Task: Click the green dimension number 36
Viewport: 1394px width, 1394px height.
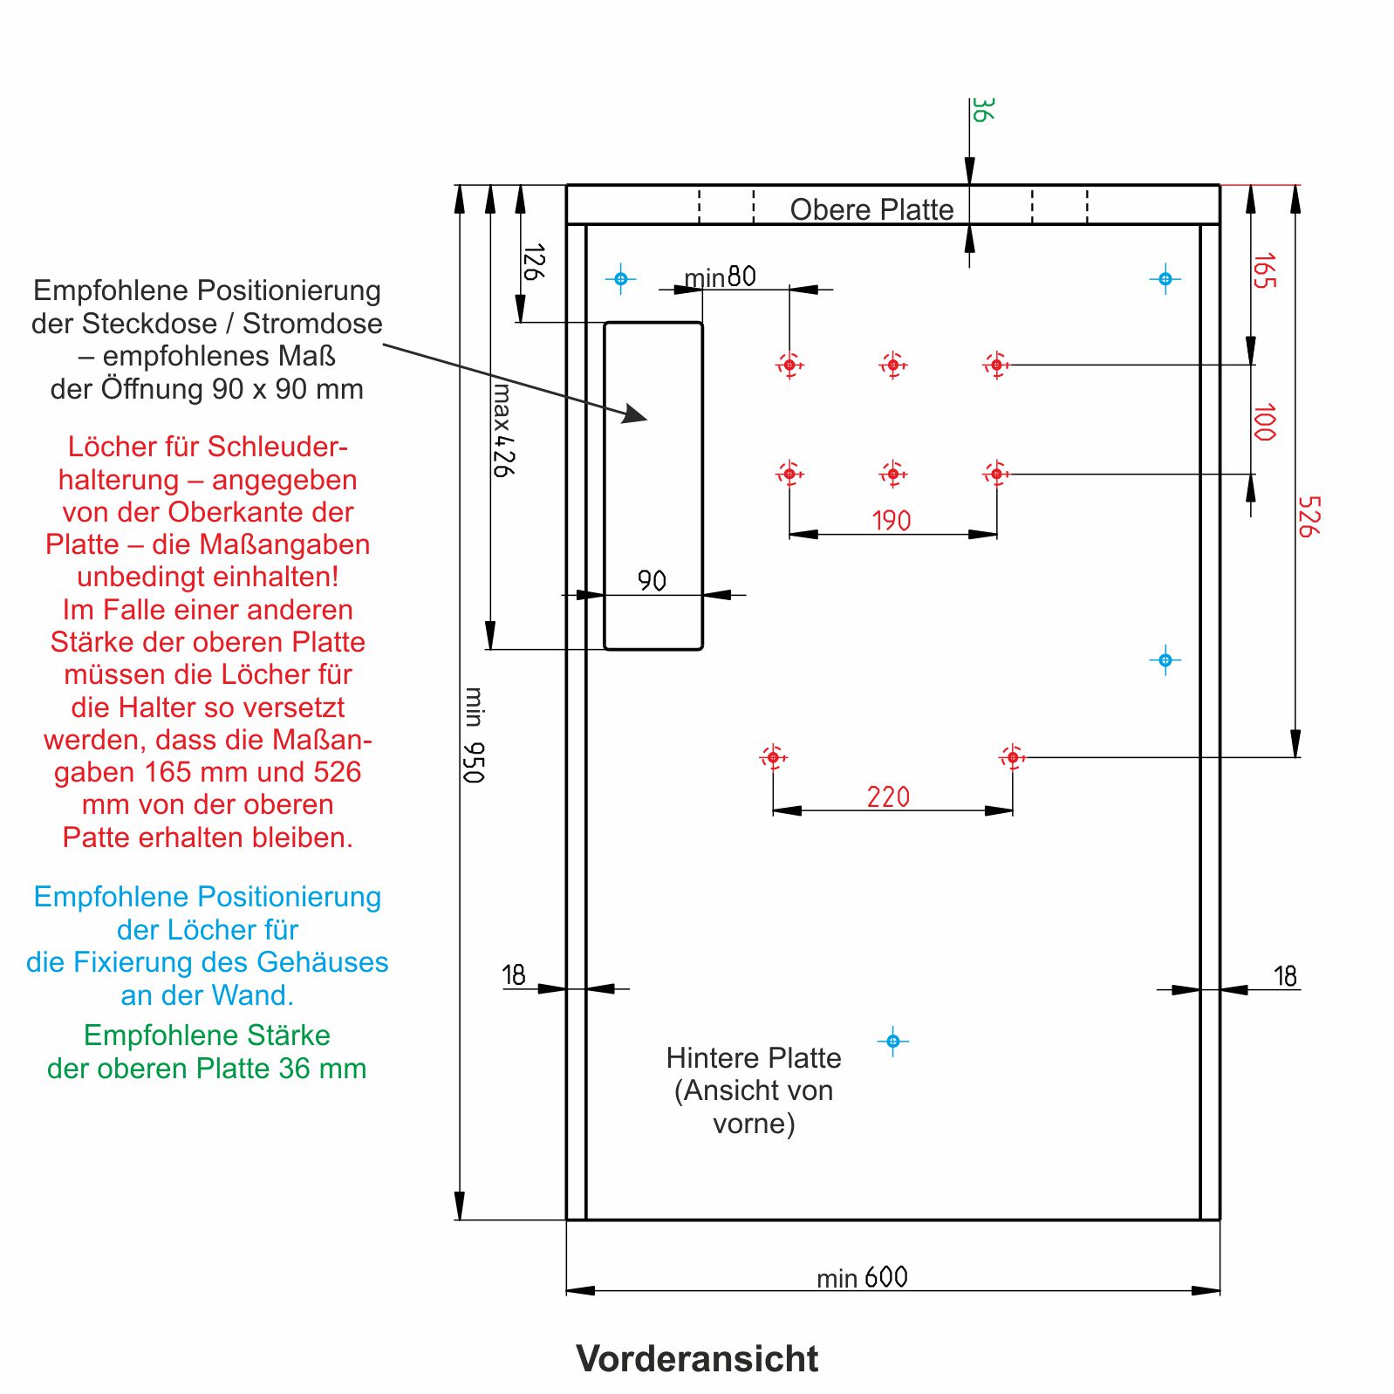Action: pos(981,110)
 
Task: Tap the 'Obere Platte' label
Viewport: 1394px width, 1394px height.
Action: pos(871,209)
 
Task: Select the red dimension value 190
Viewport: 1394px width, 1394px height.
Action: pos(891,521)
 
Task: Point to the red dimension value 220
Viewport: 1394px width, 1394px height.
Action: pos(887,796)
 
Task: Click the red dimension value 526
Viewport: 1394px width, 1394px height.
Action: pos(1308,516)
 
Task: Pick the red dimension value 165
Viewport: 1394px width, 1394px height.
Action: pos(1263,270)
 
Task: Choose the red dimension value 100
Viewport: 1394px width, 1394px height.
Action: pos(1263,422)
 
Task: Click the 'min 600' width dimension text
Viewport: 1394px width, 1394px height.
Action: pos(861,1278)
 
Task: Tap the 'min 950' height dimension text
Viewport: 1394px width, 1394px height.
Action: pos(473,735)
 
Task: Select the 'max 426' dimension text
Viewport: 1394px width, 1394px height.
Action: pos(502,430)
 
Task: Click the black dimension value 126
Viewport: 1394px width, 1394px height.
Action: pos(533,262)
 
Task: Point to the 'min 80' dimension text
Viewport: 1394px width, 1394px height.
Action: pos(720,277)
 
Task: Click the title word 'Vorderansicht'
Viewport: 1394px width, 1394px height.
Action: pos(697,1358)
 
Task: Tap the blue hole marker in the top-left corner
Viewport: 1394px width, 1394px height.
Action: pos(620,279)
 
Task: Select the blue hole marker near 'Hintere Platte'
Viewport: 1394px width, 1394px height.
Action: pos(892,1041)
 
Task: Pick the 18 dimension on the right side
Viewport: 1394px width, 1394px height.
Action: pos(1285,975)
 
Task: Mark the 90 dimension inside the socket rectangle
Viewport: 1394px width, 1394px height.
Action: pos(652,580)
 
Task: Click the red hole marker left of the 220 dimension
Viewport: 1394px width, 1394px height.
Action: pos(772,757)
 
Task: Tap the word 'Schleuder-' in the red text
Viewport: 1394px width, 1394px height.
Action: pos(277,447)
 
